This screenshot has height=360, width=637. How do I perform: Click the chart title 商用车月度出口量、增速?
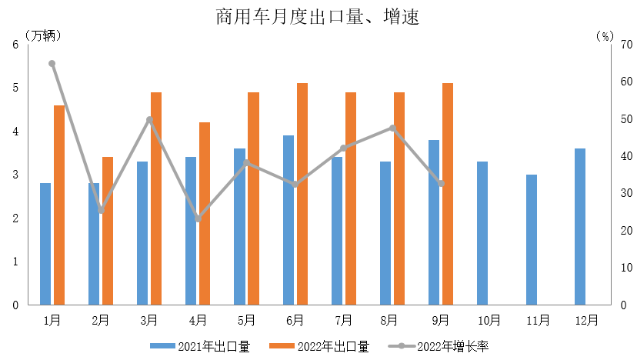click(x=317, y=17)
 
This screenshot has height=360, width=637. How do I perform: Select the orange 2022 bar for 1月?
click(x=59, y=205)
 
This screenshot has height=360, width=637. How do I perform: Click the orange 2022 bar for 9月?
click(x=448, y=194)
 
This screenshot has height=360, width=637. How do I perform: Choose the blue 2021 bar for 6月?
click(x=288, y=220)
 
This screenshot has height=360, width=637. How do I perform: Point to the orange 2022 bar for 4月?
click(x=205, y=213)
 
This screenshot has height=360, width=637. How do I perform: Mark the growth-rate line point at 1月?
click(x=52, y=64)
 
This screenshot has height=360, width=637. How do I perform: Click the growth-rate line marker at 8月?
click(x=392, y=128)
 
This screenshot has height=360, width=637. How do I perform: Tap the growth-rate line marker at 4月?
click(x=198, y=219)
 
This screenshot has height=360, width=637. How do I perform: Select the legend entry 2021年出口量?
click(x=199, y=346)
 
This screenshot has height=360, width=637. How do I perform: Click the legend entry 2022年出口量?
click(x=319, y=346)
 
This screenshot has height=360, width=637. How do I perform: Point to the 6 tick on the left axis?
click(x=15, y=45)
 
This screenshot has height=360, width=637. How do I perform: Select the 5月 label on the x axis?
click(x=246, y=319)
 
